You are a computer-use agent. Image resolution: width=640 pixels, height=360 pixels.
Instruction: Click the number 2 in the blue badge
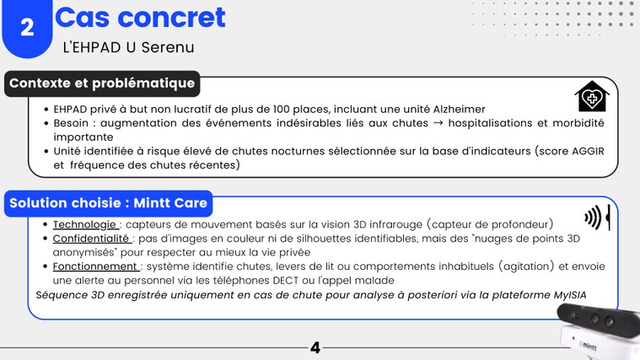(27, 28)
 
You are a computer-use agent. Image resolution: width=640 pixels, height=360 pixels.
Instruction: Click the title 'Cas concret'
(140, 18)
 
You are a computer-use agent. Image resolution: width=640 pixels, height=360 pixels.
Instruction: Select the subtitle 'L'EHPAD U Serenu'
(128, 47)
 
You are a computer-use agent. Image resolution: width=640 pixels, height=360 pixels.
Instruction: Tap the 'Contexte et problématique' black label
(102, 83)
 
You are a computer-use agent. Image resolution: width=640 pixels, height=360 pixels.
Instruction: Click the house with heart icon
(592, 96)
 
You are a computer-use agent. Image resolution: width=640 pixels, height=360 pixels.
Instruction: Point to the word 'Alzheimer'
(460, 110)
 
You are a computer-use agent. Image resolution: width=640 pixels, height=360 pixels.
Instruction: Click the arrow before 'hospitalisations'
(438, 123)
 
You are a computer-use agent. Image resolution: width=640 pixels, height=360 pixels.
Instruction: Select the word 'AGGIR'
(588, 151)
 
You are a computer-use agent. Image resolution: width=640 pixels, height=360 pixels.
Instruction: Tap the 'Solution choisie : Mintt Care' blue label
(108, 203)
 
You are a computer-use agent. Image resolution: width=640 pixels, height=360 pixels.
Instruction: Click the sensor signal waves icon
(597, 218)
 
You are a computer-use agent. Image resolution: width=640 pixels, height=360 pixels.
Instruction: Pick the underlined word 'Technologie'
(84, 224)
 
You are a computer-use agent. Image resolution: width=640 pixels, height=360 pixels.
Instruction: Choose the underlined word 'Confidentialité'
(90, 239)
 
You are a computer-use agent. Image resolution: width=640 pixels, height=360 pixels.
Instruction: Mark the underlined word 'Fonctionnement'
(95, 266)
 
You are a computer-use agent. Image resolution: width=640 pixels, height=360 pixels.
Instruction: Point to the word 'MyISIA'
(570, 295)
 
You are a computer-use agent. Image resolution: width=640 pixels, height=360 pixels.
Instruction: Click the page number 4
(315, 347)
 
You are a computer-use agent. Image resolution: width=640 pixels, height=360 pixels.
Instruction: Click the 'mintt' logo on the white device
(588, 347)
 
